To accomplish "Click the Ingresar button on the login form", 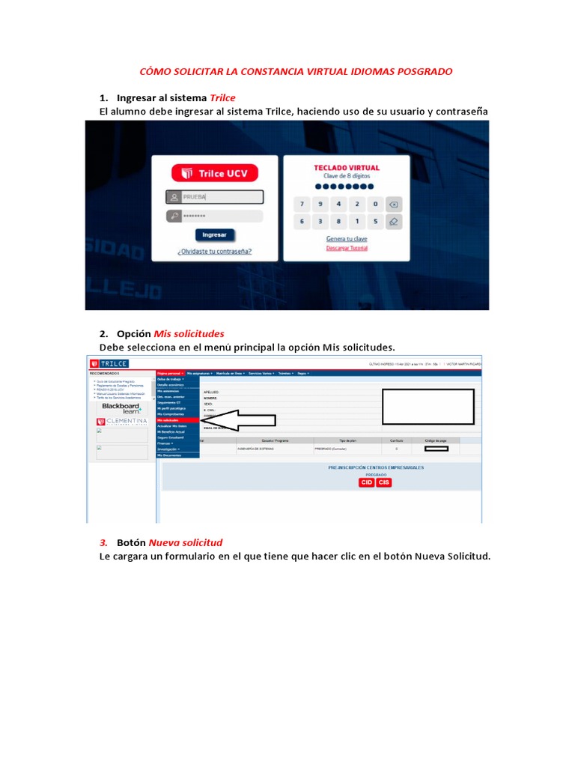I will [214, 234].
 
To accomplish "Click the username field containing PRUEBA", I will [215, 197].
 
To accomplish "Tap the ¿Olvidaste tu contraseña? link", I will [214, 252].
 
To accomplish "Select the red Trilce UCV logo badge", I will [215, 174].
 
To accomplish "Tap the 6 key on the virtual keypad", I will [302, 222].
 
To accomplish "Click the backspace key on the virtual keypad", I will [394, 204].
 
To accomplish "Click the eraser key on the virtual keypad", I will [394, 222].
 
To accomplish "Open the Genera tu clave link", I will [346, 239].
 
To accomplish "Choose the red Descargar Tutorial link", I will [346, 249].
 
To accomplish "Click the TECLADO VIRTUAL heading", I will [346, 168].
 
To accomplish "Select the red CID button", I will [367, 482].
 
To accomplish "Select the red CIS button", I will [383, 482].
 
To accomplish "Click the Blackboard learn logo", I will [121, 408].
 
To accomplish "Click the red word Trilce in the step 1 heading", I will [222, 98].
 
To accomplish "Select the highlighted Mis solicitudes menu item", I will [177, 420].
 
